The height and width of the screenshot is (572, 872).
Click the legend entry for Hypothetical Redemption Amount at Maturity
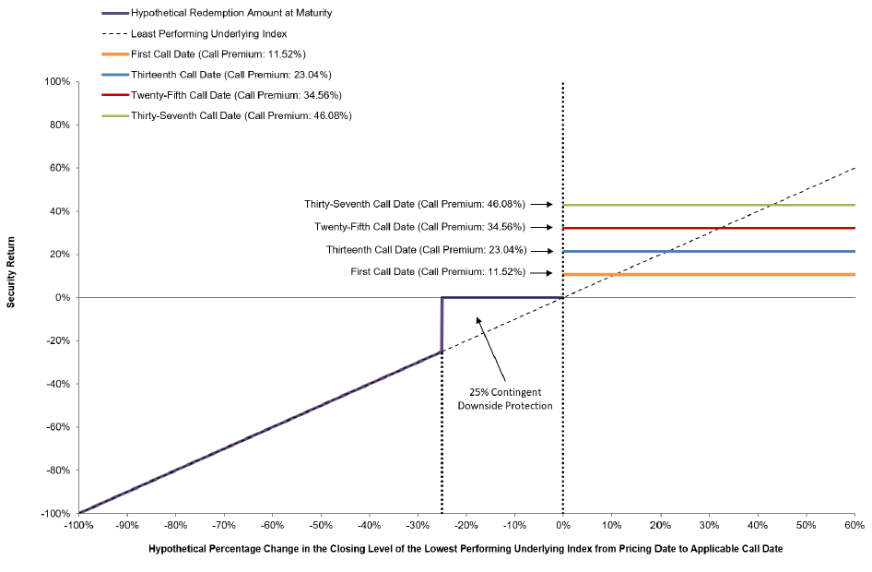pos(217,13)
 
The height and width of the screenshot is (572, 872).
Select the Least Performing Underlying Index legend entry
pos(194,34)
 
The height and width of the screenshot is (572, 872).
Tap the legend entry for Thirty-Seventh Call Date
pos(227,115)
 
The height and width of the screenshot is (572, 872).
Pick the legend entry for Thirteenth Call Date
pos(217,75)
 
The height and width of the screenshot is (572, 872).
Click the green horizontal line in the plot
pos(709,206)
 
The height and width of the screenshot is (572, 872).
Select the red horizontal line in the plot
pos(709,228)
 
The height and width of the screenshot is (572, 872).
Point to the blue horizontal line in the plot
pos(709,252)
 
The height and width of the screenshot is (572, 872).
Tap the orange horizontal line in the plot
pos(709,274)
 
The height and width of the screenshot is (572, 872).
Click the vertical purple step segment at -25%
pos(442,325)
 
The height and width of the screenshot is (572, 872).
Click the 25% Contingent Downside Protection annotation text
pos(505,399)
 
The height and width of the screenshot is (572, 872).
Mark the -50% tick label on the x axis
pos(321,525)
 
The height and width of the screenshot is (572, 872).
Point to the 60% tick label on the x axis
pos(854,525)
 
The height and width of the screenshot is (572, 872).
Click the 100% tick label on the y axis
pos(57,82)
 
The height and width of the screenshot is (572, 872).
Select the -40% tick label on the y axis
pos(58,384)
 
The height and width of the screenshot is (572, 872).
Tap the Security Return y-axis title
pos(10,272)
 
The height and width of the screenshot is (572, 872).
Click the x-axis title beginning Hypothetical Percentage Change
pos(465,549)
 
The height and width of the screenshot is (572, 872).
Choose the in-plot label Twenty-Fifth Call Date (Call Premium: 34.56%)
pos(420,227)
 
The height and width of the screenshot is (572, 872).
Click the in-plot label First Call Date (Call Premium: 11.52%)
pos(438,272)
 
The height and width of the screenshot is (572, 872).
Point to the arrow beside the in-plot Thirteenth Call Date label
pos(542,251)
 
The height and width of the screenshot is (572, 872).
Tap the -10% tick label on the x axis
pos(514,525)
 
